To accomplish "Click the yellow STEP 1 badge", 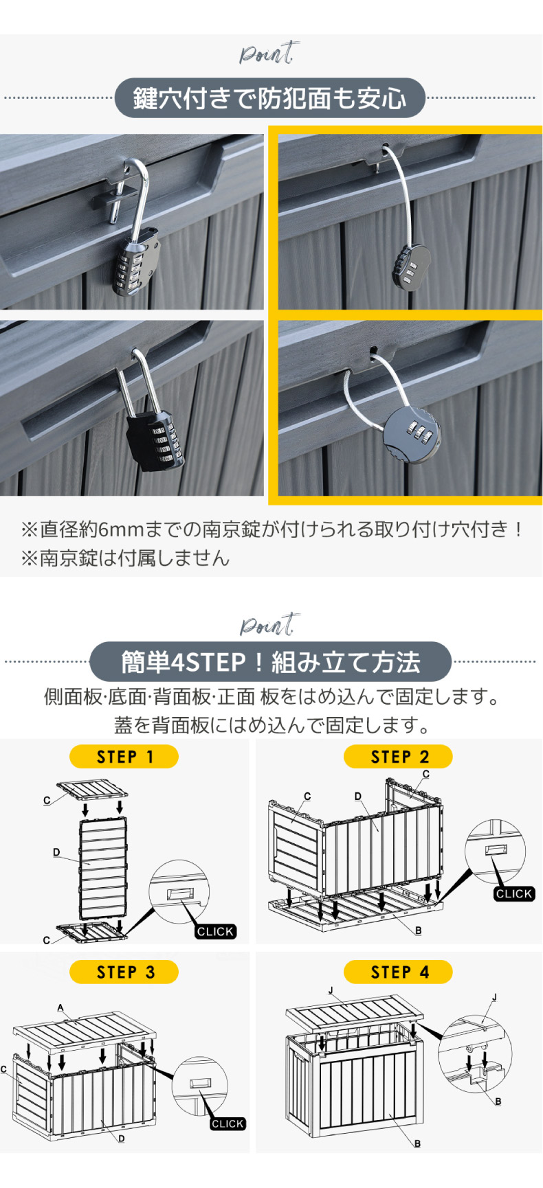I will (x=124, y=757).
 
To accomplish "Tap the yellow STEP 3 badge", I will (x=124, y=972).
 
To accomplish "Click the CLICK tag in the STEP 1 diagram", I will (x=215, y=932).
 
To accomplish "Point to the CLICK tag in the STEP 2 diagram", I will (x=513, y=893).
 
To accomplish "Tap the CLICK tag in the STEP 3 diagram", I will (x=228, y=1123).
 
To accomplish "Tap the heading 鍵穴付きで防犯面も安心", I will (x=269, y=98).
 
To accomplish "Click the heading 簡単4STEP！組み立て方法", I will (x=270, y=662).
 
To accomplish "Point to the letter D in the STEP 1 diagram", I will (x=56, y=852).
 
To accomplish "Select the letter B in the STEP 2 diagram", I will (x=419, y=930).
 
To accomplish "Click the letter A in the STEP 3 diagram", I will (x=60, y=1008).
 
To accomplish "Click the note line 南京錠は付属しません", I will (x=125, y=558).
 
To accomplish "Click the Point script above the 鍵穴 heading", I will (x=267, y=54).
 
